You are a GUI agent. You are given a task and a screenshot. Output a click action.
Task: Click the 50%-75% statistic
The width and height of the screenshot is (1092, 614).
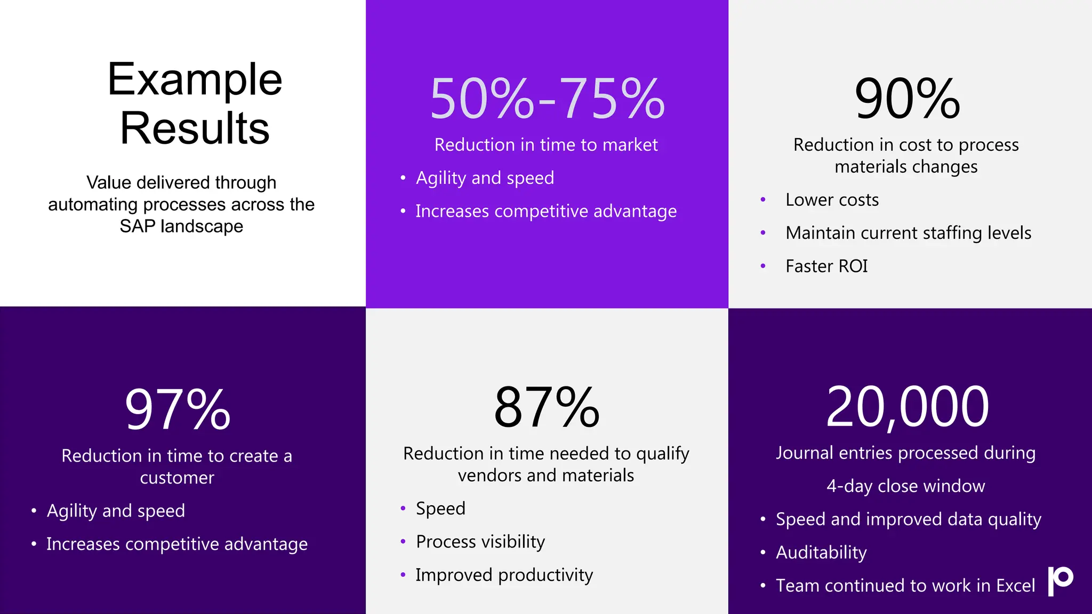click(x=547, y=99)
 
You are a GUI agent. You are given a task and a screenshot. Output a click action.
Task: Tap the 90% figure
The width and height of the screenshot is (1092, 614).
click(x=907, y=99)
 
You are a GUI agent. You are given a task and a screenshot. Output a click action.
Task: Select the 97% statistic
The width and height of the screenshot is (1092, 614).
click(x=178, y=409)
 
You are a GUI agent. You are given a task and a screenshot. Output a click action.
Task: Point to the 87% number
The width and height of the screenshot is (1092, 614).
click(x=547, y=408)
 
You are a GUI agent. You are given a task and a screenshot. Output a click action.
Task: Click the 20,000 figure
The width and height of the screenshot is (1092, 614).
click(x=907, y=407)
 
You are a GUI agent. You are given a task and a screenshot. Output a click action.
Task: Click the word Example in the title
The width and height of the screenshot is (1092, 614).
click(x=195, y=80)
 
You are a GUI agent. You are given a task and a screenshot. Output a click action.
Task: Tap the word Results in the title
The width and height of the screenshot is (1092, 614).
click(x=195, y=128)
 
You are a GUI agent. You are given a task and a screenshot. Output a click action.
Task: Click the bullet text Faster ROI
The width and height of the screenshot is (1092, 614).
click(x=826, y=266)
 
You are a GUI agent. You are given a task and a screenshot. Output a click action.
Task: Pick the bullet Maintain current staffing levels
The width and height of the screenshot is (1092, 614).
click(x=908, y=233)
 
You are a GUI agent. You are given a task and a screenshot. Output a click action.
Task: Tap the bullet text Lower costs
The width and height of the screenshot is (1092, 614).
click(x=832, y=200)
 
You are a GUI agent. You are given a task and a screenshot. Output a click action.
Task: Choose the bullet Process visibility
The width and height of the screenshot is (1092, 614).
click(x=480, y=542)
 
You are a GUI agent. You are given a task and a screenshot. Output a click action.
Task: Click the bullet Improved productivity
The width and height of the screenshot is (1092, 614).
click(x=504, y=575)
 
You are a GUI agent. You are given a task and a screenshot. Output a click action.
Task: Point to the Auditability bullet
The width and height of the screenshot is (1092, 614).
click(x=821, y=552)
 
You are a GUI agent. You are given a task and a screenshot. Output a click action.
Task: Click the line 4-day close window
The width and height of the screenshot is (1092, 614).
click(x=905, y=486)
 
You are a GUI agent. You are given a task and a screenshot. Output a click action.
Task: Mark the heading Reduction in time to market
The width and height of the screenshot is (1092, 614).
click(x=546, y=145)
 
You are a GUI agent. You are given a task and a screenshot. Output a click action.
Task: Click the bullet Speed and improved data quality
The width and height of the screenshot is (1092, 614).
click(x=908, y=519)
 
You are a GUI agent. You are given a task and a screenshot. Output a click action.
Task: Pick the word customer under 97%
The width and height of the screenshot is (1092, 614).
click(x=177, y=478)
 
